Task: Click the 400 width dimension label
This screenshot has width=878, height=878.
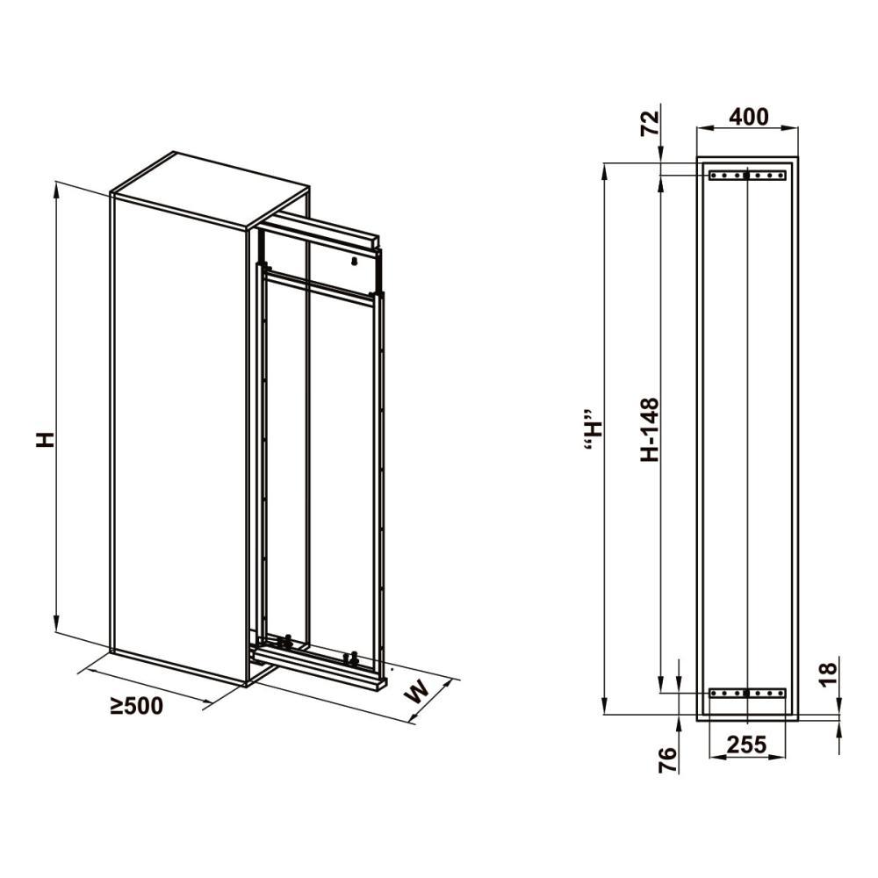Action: (749, 117)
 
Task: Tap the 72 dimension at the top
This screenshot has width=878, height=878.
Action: (650, 124)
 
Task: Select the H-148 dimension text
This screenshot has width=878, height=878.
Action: (650, 429)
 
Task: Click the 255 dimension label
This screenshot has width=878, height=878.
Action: (746, 745)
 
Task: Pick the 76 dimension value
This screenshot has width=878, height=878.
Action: (667, 760)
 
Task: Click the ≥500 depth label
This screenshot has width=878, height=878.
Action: (136, 706)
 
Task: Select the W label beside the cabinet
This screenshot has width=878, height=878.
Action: (418, 691)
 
